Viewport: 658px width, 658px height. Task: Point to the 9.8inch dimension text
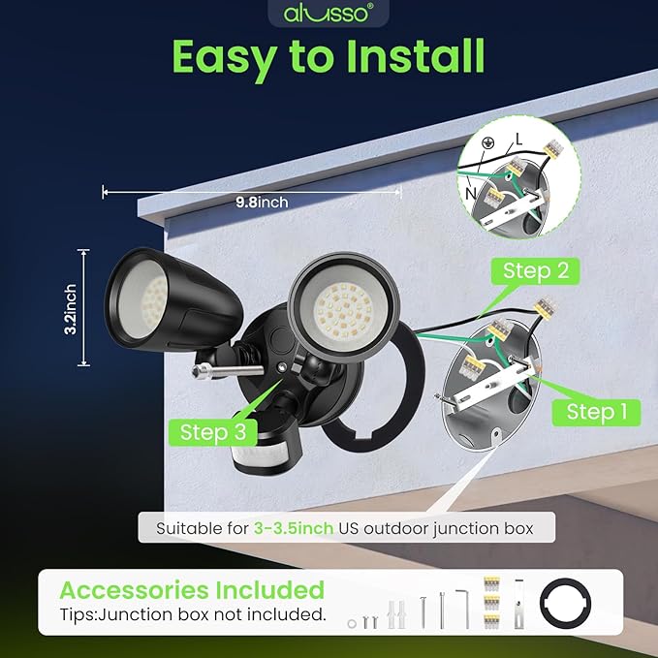pyautogui.click(x=262, y=203)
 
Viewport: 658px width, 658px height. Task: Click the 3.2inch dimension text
pyautogui.click(x=71, y=308)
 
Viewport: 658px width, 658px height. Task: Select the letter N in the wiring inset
pyautogui.click(x=471, y=193)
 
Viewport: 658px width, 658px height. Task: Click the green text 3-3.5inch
pyautogui.click(x=293, y=529)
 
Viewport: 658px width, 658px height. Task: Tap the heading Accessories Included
pyautogui.click(x=192, y=589)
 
